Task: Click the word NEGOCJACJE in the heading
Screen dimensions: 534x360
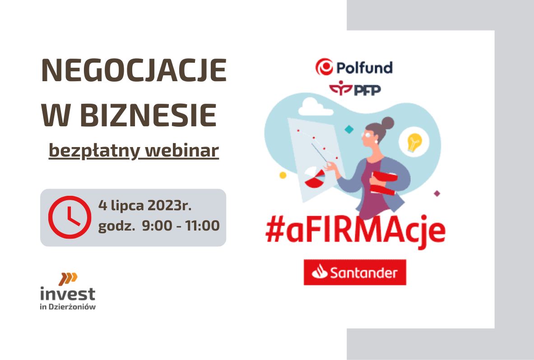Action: (x=134, y=70)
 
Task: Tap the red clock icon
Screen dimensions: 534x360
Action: (x=70, y=217)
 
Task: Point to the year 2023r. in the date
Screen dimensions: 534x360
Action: (x=170, y=206)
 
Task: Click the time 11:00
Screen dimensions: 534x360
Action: (x=203, y=226)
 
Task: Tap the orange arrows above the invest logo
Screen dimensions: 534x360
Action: (x=68, y=279)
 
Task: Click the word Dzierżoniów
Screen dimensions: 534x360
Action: (x=72, y=307)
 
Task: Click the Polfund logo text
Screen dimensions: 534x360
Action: (x=364, y=67)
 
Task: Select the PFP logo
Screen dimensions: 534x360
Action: (x=355, y=88)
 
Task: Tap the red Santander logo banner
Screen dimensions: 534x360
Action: (x=355, y=272)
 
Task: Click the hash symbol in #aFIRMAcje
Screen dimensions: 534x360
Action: (x=275, y=231)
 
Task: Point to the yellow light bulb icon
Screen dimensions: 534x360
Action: (x=414, y=142)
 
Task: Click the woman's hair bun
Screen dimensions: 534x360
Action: (x=388, y=123)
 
